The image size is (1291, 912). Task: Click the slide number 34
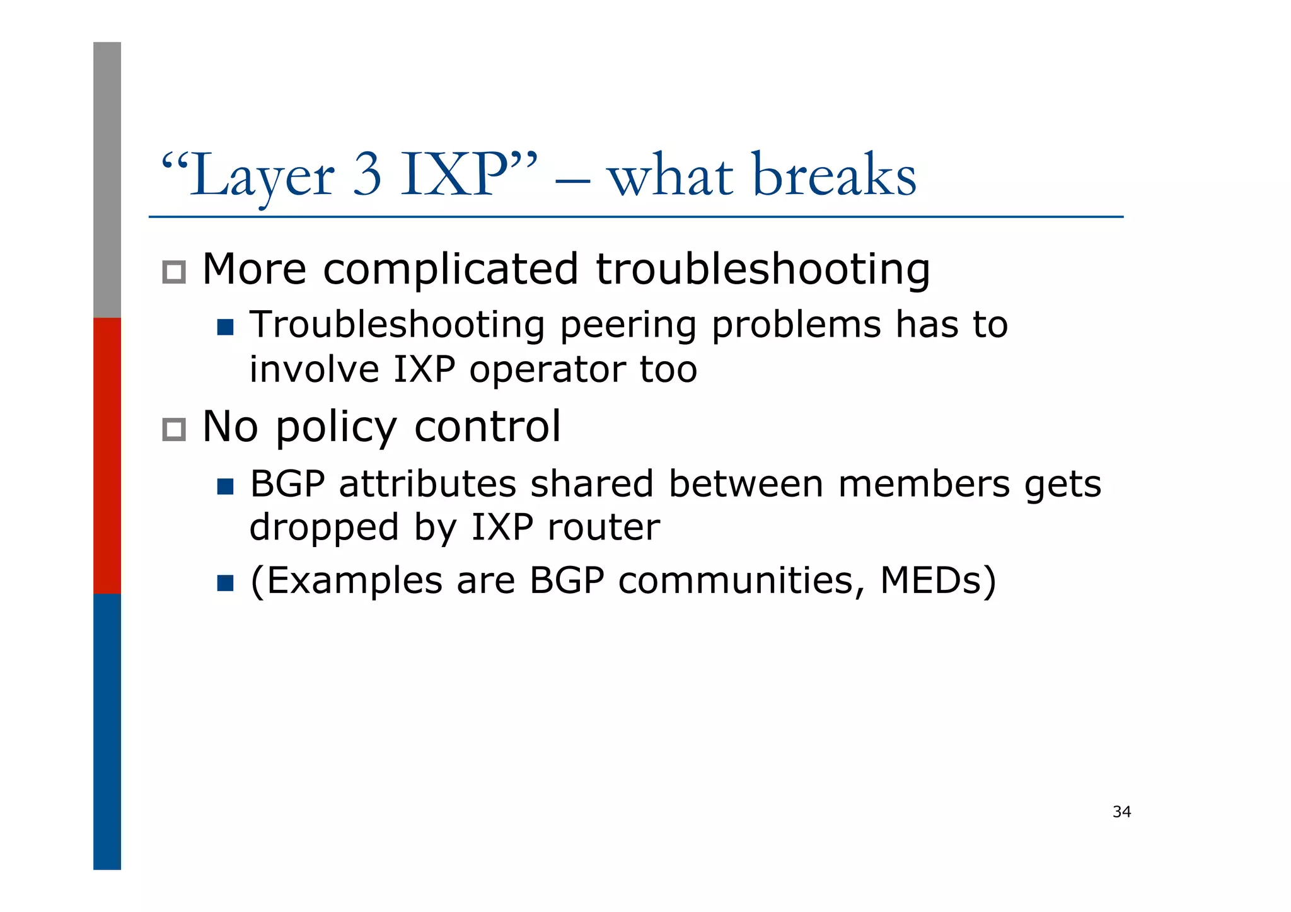tap(1121, 812)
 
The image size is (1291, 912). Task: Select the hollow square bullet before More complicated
tap(174, 272)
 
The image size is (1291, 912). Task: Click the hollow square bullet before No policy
tap(174, 429)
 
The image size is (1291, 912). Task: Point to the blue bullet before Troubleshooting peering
tap(225, 327)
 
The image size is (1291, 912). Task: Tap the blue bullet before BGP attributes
tap(225, 486)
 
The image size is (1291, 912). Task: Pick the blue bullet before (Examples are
tap(225, 582)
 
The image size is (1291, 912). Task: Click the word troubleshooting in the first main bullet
tap(763, 270)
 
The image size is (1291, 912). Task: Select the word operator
tap(547, 370)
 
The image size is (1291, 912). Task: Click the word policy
tap(336, 429)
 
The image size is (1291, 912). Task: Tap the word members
tap(923, 484)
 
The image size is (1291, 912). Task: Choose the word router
tap(603, 528)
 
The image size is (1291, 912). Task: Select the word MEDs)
tap(938, 580)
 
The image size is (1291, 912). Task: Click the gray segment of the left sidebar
tap(107, 180)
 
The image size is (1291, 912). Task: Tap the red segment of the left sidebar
tap(107, 455)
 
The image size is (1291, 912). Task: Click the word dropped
tap(324, 528)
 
